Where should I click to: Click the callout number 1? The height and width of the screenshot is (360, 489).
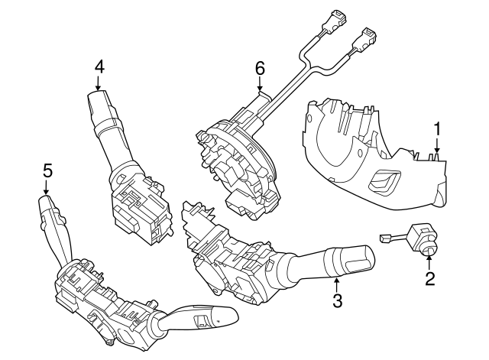(437, 129)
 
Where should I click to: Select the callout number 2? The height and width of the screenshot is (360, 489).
(429, 278)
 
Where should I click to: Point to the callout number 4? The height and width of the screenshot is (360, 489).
(99, 66)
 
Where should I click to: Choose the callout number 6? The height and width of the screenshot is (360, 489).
(260, 68)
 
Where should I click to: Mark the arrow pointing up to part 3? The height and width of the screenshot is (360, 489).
(336, 284)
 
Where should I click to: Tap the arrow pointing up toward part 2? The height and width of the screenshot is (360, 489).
(429, 262)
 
